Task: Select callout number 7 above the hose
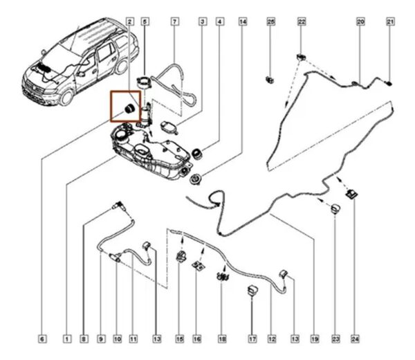coord(174,23)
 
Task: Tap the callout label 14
coord(242,23)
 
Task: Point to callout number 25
coord(271,23)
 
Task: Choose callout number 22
coord(302,23)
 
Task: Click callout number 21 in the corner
coord(390,23)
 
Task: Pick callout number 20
coord(360,23)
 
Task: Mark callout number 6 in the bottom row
coord(42,339)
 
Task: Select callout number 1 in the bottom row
coord(67,339)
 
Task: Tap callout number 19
coord(314,339)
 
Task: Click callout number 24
coord(355,339)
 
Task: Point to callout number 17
coord(252,339)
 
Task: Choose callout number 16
coord(197,339)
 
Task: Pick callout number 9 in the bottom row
coord(101,339)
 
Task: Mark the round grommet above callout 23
coord(336,210)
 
